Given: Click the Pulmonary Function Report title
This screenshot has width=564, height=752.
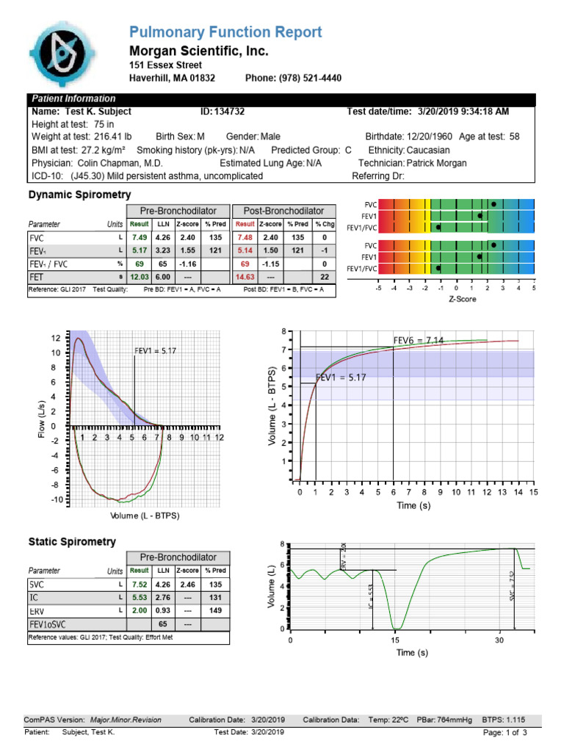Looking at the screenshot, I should click(225, 32).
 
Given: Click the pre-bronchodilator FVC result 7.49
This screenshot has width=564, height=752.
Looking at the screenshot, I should click(139, 238).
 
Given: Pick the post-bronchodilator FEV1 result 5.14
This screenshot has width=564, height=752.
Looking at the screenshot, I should click(245, 251).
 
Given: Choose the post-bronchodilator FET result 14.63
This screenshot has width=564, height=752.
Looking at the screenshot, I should click(245, 277).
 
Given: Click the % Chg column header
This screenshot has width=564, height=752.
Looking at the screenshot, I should click(324, 224).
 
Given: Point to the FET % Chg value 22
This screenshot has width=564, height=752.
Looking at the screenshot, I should click(324, 277).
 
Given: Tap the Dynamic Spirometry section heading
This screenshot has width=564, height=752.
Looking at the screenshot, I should click(79, 195).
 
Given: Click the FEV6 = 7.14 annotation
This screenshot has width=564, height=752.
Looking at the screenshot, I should click(419, 340).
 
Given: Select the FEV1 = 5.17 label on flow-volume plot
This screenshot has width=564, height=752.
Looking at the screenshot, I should click(155, 351).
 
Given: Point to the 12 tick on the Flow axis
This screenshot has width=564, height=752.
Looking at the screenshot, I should click(56, 338).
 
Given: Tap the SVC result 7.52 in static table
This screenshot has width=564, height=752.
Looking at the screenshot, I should click(139, 585).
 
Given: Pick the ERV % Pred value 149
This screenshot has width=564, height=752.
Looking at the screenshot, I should click(214, 611).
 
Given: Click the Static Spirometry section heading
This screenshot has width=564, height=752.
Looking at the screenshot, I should click(72, 542).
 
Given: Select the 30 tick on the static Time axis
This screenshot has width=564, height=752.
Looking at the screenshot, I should click(499, 640).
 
